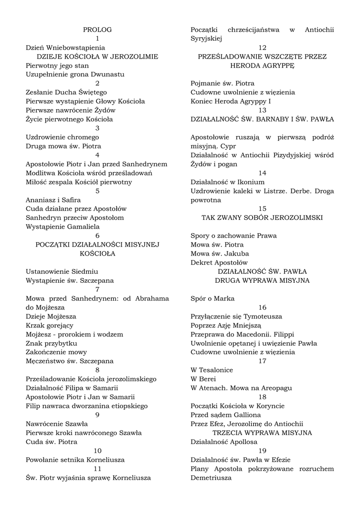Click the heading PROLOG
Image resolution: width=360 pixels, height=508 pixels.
pyautogui.click(x=97, y=30)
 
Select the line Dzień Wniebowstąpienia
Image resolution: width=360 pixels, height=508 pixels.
pyautogui.click(x=66, y=48)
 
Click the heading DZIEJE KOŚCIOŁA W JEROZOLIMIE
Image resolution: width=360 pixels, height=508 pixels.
pyautogui.click(x=97, y=57)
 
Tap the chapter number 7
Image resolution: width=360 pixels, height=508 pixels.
pyautogui.click(x=97, y=289)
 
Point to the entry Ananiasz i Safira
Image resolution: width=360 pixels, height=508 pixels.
pyautogui.click(x=53, y=199)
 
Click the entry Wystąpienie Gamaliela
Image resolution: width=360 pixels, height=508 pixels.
pyautogui.click(x=63, y=226)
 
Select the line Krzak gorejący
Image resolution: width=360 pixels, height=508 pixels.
pyautogui.click(x=50, y=325)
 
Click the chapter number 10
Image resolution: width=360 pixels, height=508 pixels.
pyautogui.click(x=97, y=450)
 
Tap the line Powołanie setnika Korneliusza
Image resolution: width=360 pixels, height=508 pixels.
pyautogui.click(x=75, y=459)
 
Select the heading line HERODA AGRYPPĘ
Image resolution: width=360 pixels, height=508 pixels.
pyautogui.click(x=262, y=65)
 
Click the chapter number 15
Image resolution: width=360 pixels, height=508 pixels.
pyautogui.click(x=262, y=208)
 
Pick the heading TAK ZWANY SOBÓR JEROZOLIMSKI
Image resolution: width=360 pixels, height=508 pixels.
pyautogui.click(x=262, y=217)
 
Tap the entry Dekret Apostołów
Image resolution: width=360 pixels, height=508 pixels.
pyautogui.click(x=219, y=262)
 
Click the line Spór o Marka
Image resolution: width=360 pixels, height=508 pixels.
pyautogui.click(x=213, y=298)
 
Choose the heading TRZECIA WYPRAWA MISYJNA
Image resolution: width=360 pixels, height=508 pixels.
pyautogui.click(x=262, y=433)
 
